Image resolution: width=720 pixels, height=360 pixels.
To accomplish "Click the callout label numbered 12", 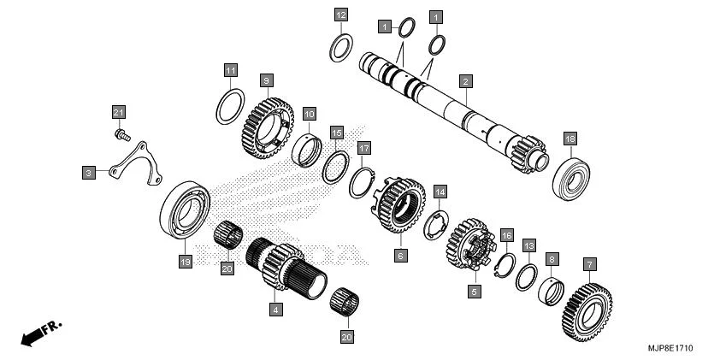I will [x=340, y=15].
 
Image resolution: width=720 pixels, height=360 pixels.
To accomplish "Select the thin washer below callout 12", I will [x=341, y=48].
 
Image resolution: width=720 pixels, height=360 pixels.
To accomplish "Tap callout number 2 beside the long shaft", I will [x=465, y=82].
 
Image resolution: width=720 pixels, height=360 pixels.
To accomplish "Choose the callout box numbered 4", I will [x=275, y=310].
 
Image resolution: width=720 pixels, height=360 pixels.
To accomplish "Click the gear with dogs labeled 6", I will [x=400, y=210].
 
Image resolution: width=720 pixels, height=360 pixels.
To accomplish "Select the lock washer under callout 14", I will [x=437, y=224].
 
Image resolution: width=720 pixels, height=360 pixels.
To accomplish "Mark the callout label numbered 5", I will [x=475, y=291].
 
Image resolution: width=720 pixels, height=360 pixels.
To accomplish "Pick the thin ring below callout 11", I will [x=230, y=106].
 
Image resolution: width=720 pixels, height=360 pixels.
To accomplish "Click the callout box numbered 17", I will [x=363, y=149].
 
